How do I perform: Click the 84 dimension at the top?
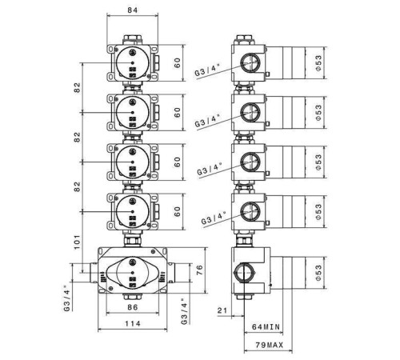click(132, 10)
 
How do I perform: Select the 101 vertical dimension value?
click(77, 242)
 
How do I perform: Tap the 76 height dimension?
click(199, 270)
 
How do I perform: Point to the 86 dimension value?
click(133, 307)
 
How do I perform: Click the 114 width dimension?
click(133, 324)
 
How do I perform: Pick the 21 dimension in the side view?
click(222, 310)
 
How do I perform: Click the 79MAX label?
click(270, 345)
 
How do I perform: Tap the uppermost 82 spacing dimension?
click(77, 87)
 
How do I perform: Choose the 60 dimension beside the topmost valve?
click(178, 62)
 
